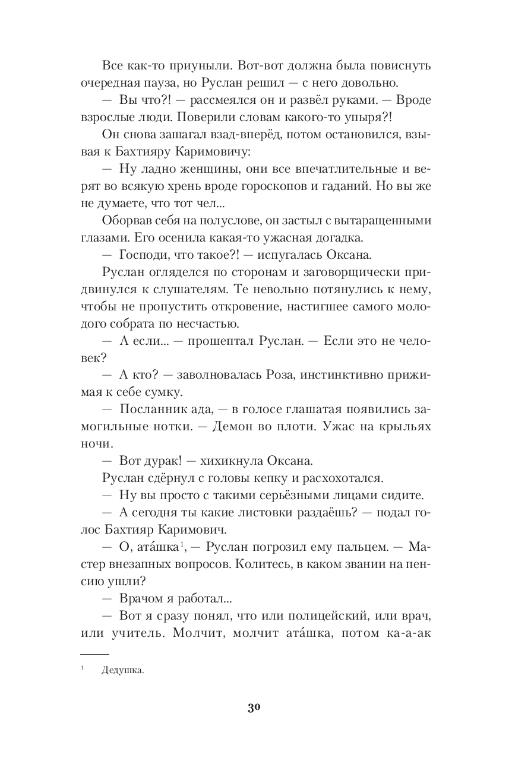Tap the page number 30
point(255,708)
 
